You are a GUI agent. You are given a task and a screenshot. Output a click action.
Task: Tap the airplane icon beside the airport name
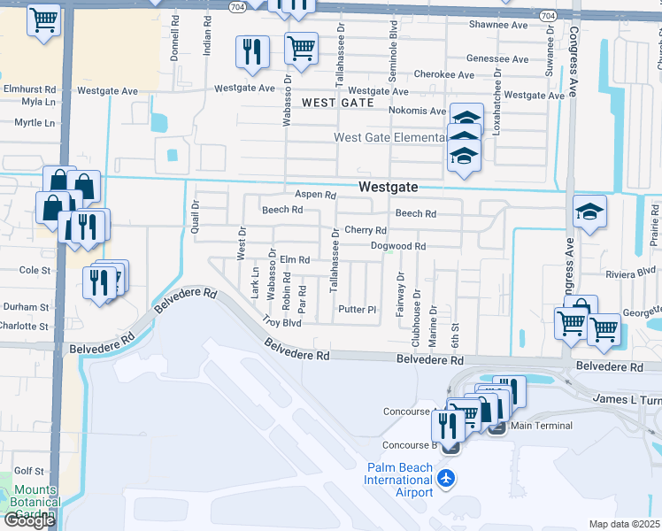pos(446,479)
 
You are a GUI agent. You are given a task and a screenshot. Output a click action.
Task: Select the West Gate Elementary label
pos(389,137)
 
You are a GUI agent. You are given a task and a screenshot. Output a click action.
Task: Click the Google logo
pos(28,520)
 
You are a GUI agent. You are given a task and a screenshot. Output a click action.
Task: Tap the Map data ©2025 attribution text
pos(624,524)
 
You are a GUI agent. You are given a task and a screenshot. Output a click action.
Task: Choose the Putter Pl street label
pos(358,310)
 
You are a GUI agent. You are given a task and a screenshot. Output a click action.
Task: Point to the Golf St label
pos(28,472)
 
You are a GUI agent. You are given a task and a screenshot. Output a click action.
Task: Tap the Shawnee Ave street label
pos(499,25)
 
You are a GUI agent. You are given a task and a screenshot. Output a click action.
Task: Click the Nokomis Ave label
pos(417,111)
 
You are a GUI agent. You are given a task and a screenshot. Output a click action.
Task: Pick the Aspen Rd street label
pos(316,195)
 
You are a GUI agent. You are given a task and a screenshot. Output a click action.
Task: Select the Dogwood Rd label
pos(398,246)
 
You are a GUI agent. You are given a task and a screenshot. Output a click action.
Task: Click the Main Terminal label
pos(541,426)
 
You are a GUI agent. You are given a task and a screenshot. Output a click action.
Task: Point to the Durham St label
pos(25,307)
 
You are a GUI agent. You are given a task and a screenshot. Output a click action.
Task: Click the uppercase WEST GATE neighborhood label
pos(336,104)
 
